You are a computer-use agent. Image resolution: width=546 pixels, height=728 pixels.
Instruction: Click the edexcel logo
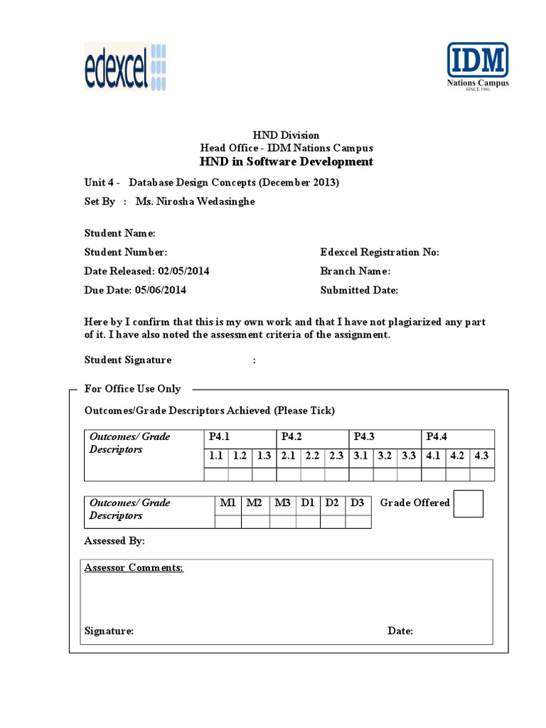coord(125,67)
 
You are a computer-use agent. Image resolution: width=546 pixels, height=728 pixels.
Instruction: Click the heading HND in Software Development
coord(287,161)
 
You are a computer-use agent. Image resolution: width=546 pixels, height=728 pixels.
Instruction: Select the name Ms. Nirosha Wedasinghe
coord(195,201)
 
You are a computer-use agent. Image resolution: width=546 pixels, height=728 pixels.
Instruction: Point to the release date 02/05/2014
coord(183,271)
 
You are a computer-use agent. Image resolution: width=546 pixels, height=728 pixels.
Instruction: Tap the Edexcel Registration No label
coord(380,252)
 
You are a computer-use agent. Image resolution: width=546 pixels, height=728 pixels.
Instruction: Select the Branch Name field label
coord(355,271)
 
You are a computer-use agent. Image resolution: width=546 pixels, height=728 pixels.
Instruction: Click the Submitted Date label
coord(359,290)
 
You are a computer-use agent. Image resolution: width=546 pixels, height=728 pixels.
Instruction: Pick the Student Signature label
coord(128,360)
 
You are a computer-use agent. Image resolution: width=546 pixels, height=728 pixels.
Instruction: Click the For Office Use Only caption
coord(132,389)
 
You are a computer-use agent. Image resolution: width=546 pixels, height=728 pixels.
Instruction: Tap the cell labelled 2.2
coord(312,456)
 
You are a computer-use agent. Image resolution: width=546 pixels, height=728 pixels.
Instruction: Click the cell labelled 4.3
coord(481,456)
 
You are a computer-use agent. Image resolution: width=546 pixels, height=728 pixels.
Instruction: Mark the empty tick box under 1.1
coord(216,474)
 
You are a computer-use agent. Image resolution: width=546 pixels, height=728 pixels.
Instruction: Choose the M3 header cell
coord(282,503)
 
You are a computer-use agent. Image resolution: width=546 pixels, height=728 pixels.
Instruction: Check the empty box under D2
coord(332,522)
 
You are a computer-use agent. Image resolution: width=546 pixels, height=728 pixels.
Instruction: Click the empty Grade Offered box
coord(469,503)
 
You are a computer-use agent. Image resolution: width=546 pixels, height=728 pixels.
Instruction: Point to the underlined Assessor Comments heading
coord(134,568)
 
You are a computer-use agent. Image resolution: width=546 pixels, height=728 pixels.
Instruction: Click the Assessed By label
coord(114,541)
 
